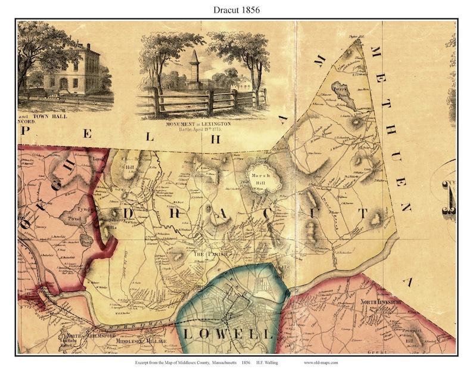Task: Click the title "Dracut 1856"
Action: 236,10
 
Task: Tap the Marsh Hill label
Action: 263,179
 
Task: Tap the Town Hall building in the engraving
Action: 77,69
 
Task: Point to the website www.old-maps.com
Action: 325,362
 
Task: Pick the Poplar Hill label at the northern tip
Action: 356,36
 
